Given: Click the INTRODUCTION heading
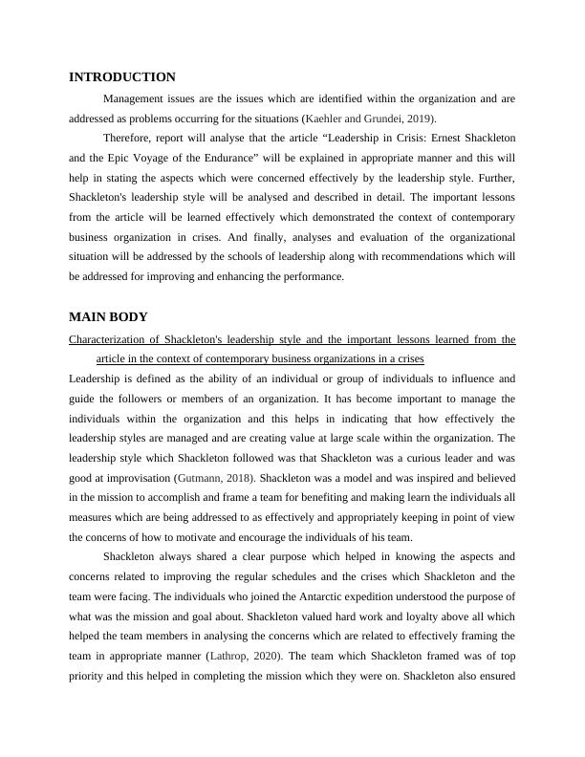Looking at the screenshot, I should (122, 77).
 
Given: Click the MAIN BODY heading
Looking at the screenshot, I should (108, 317).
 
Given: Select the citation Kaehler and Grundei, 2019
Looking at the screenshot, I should (369, 119).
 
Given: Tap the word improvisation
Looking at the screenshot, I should (132, 477).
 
